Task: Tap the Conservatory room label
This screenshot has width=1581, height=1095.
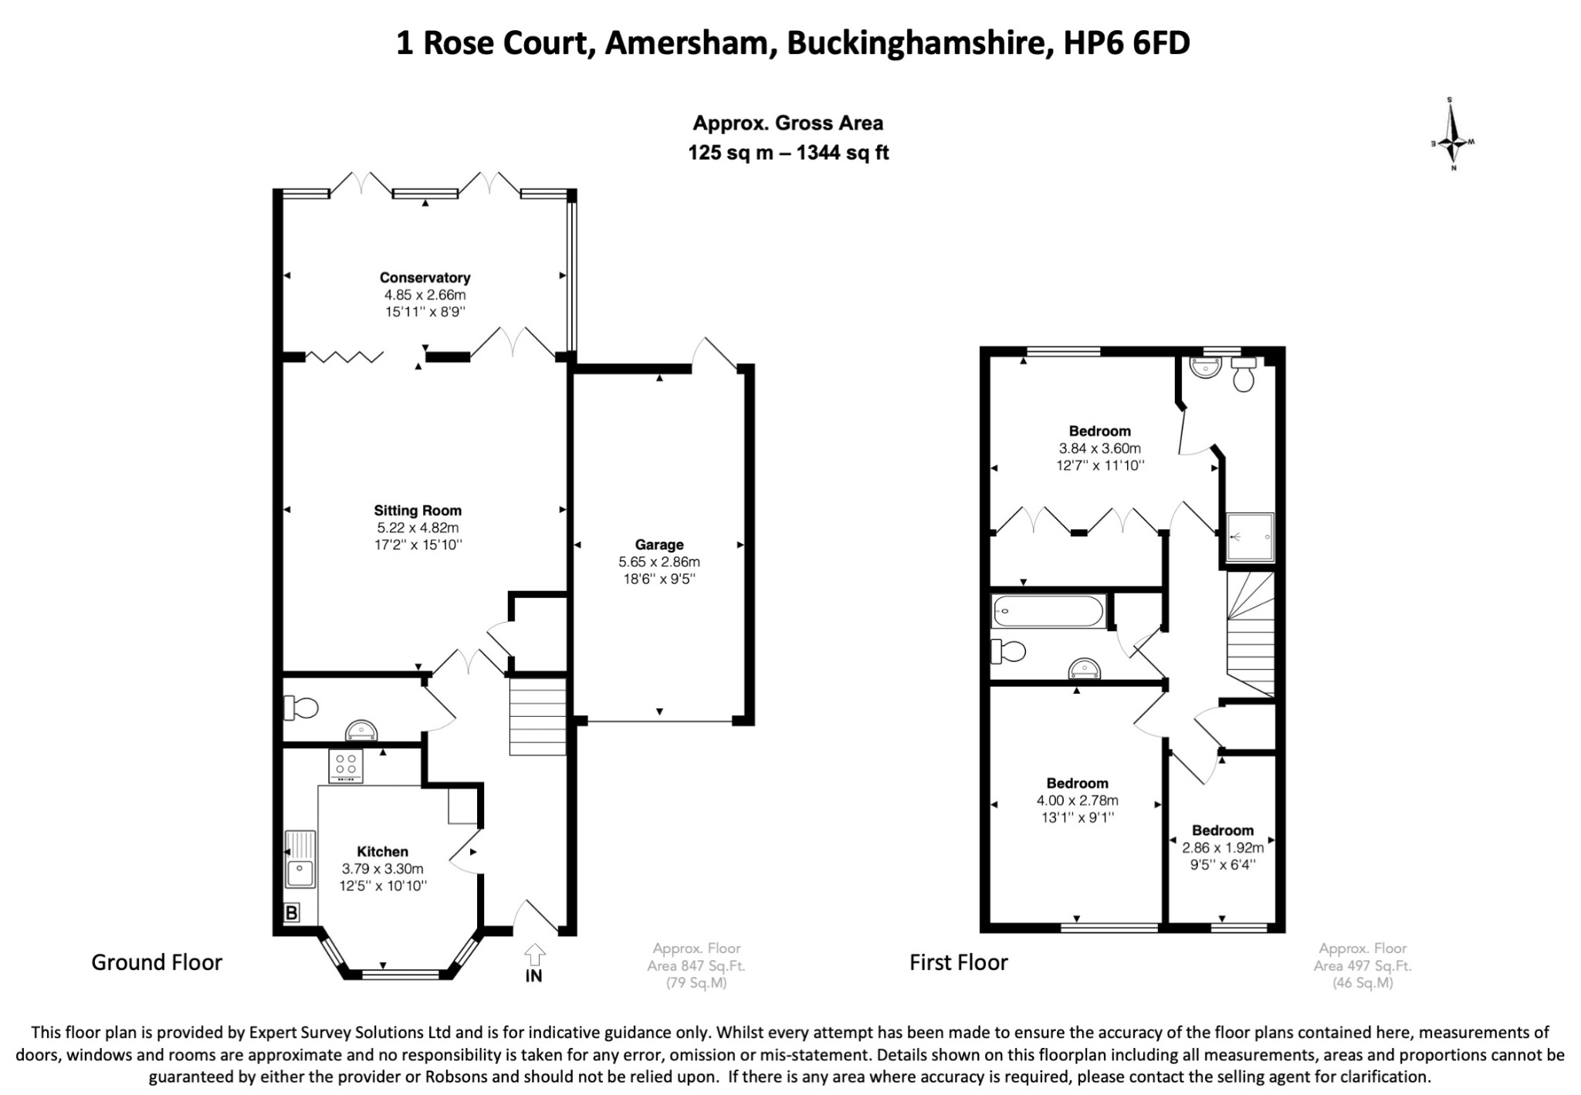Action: tap(425, 278)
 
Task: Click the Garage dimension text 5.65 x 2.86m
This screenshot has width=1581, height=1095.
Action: tap(658, 562)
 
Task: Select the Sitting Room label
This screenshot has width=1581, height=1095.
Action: tap(418, 510)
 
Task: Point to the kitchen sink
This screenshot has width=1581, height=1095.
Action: tap(300, 859)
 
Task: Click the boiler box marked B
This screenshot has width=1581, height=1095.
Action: tap(291, 914)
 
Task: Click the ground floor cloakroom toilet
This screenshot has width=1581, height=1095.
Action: tap(301, 708)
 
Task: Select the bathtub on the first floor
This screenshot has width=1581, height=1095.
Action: tap(1048, 611)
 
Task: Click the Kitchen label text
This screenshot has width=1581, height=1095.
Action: tap(382, 852)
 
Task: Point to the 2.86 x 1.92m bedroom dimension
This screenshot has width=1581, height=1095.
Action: tap(1223, 847)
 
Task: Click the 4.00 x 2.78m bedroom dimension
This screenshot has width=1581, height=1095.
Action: tap(1077, 800)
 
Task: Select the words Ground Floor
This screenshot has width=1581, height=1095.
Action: tap(157, 962)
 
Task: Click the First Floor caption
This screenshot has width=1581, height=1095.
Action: tap(958, 962)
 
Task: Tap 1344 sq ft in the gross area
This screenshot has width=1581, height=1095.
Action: tap(842, 153)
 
